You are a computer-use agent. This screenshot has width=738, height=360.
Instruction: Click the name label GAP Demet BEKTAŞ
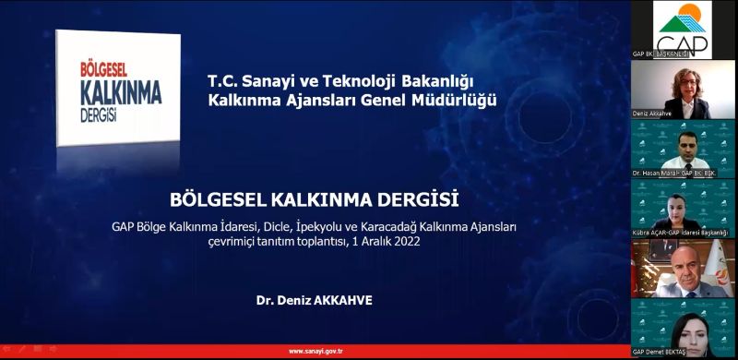[661, 353]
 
